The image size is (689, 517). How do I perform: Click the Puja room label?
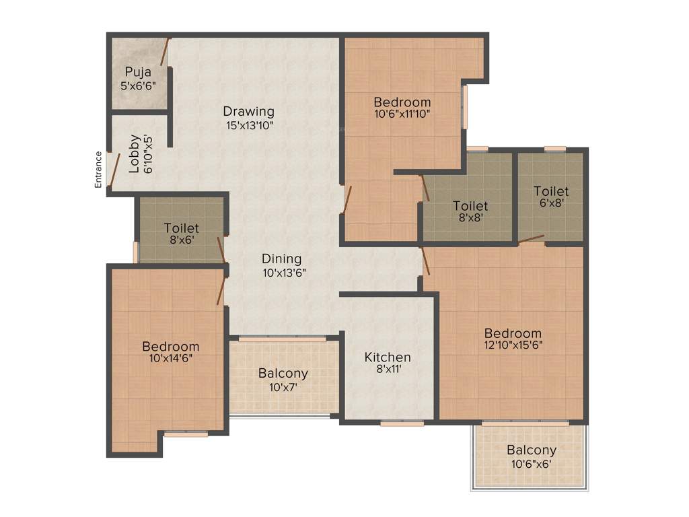click(x=138, y=72)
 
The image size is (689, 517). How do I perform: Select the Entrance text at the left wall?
click(x=98, y=169)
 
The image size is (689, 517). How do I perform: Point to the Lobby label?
click(x=134, y=153)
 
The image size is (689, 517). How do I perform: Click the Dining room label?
click(x=281, y=259)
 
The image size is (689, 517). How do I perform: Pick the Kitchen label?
click(x=388, y=357)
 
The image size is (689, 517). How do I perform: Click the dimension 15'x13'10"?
click(x=249, y=125)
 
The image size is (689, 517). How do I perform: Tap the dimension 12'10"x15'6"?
click(x=513, y=346)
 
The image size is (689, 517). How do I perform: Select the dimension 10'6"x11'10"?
click(x=402, y=114)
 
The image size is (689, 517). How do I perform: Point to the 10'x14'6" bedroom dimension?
click(x=171, y=359)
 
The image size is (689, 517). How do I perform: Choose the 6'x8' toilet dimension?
click(x=551, y=203)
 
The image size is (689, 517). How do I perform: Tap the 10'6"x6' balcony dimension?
click(x=532, y=463)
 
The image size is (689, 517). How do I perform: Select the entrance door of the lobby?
click(x=115, y=169)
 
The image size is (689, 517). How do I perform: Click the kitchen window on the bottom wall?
click(x=402, y=423)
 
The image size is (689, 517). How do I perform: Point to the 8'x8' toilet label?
click(x=470, y=206)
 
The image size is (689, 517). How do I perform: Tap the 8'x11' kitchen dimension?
click(x=388, y=370)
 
